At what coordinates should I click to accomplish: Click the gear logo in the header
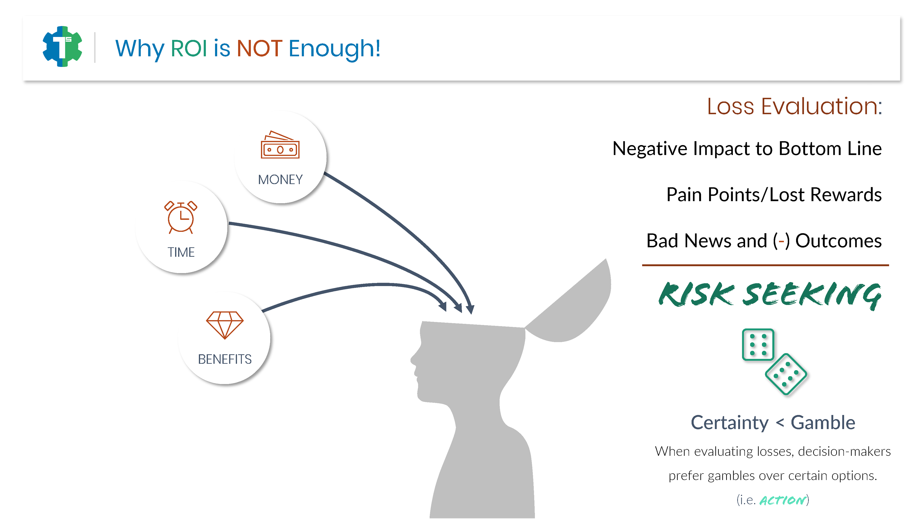coord(62,47)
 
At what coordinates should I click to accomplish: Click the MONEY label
coord(280,179)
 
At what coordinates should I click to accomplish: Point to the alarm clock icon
coord(181,217)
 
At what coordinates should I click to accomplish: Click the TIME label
coord(181,252)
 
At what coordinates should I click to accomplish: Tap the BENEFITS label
coord(225,359)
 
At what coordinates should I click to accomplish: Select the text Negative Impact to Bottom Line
coord(747,149)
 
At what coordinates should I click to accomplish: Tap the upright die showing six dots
coord(758,345)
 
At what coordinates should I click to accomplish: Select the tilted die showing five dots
coord(786,375)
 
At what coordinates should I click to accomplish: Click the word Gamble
coord(823,423)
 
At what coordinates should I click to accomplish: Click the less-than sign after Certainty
coord(780,423)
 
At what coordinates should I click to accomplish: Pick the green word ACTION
coord(783,500)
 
